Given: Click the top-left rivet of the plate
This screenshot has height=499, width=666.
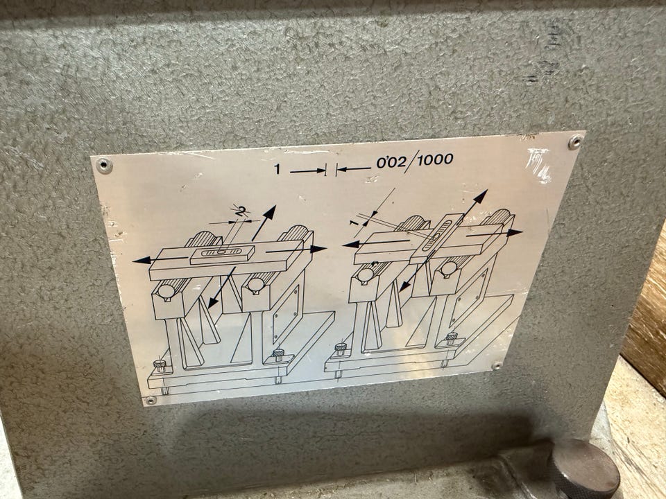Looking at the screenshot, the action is point(103,165).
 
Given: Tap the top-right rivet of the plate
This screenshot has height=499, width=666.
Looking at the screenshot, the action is point(576,141).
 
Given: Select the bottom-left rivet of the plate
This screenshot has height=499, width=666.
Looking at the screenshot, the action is point(151,400).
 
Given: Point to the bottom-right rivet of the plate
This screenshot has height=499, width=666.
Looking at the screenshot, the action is point(496,365).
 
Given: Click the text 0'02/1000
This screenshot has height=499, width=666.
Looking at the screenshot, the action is point(415,161).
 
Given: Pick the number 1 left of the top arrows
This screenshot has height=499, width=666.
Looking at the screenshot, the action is point(277,169).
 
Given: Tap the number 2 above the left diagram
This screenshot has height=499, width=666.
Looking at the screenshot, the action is point(241,211).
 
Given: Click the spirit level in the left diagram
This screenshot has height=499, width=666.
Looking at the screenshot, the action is point(222,254).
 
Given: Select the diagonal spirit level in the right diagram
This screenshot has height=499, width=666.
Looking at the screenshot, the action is point(435,239).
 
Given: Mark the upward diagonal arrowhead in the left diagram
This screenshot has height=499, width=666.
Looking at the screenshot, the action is point(270,212).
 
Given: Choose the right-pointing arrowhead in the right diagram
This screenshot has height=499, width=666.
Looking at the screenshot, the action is point(514,233).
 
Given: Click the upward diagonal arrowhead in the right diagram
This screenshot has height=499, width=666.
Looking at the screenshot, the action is point(480,196).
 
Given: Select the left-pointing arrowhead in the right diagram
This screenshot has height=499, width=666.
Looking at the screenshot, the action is point(351,245).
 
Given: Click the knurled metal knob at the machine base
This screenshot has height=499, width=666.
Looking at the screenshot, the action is point(583,470).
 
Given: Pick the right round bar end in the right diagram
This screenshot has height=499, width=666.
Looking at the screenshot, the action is point(449,268).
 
